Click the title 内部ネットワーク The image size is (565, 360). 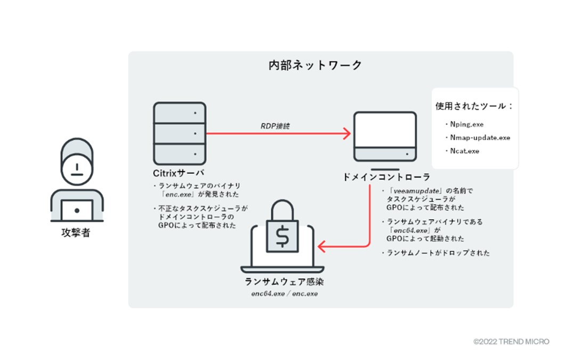tap(315, 66)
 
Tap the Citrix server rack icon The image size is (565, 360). tap(179, 133)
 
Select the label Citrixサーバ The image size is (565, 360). tap(178, 173)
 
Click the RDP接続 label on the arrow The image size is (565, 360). tap(276, 126)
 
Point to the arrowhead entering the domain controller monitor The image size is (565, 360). tap(346, 133)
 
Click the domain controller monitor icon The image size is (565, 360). tap(385, 137)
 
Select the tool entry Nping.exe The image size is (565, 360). tap(466, 124)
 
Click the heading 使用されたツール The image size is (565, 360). tap(474, 106)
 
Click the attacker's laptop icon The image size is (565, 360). tap(76, 211)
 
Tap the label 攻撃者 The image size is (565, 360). tap(76, 233)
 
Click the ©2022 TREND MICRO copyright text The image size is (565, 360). tap(511, 341)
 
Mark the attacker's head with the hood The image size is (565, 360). tap(76, 165)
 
